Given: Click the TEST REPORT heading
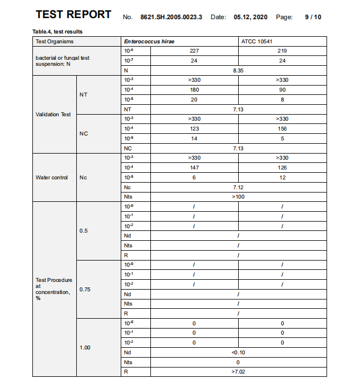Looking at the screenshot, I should pyautogui.click(x=73, y=15).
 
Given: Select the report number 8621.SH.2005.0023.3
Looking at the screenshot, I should pyautogui.click(x=171, y=17).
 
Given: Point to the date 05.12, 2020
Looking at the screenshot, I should pyautogui.click(x=250, y=17).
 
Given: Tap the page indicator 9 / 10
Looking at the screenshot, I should pyautogui.click(x=313, y=17).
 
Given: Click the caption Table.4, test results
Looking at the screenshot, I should pyautogui.click(x=58, y=32).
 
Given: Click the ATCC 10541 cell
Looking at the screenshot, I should pyautogui.click(x=257, y=41).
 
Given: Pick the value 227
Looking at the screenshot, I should pyautogui.click(x=194, y=50).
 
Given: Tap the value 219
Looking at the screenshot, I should pyautogui.click(x=283, y=50).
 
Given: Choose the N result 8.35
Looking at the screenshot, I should pyautogui.click(x=238, y=70).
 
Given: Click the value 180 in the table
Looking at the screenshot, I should pyautogui.click(x=194, y=90).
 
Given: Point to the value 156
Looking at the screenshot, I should pyautogui.click(x=283, y=129).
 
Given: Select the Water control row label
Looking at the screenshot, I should pyautogui.click(x=52, y=178).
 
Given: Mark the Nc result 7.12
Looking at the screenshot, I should pyautogui.click(x=238, y=188).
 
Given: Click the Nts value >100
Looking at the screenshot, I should pyautogui.click(x=238, y=197).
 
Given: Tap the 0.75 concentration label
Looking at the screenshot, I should pyautogui.click(x=84, y=290).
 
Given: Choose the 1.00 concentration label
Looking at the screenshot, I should pyautogui.click(x=84, y=348).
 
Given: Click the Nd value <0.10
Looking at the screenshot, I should pyautogui.click(x=238, y=352).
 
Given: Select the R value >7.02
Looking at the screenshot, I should pyautogui.click(x=238, y=372).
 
